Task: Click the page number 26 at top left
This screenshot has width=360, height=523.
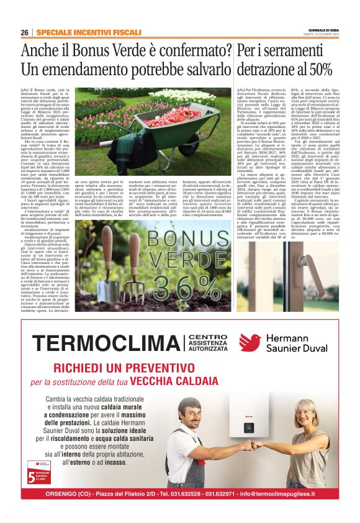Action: click(x=25, y=32)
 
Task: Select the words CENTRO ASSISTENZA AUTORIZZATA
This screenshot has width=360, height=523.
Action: click(x=209, y=343)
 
